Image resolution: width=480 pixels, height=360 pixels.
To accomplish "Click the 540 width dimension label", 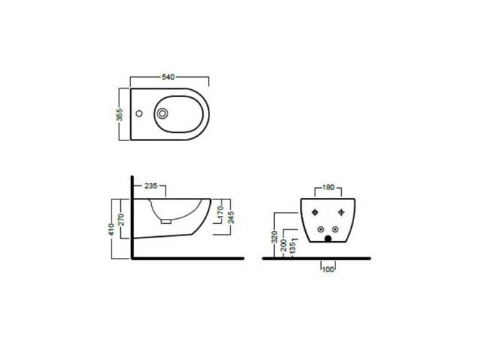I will click(x=168, y=76).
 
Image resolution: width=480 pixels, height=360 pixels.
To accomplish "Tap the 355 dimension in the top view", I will click(x=121, y=114).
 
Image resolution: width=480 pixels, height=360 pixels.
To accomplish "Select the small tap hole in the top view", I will click(x=141, y=113).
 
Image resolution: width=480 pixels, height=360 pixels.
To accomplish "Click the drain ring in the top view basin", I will click(x=163, y=114).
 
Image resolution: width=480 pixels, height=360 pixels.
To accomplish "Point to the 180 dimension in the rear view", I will click(x=327, y=188).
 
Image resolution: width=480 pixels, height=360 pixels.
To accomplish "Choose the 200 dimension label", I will click(x=284, y=244).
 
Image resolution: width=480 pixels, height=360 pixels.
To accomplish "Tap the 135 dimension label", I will click(x=292, y=247).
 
